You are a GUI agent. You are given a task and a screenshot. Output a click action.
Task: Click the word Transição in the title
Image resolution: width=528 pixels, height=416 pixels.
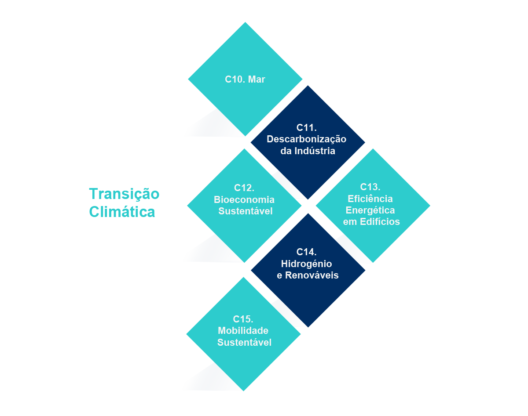pyautogui.click(x=124, y=194)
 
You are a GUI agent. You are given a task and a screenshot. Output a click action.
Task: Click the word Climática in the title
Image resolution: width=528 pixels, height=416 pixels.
pyautogui.click(x=122, y=212)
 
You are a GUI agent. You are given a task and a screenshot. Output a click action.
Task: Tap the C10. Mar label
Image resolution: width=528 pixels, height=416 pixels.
pyautogui.click(x=245, y=80)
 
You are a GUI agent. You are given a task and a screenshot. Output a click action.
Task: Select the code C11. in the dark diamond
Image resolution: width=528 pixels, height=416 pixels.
pyautogui.click(x=307, y=127)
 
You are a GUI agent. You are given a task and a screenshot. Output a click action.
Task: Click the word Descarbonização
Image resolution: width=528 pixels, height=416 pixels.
pyautogui.click(x=307, y=139)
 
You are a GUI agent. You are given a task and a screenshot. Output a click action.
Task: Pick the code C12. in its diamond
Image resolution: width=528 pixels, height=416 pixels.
pyautogui.click(x=244, y=188)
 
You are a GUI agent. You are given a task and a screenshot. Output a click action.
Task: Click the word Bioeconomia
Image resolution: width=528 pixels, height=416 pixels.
pyautogui.click(x=244, y=199)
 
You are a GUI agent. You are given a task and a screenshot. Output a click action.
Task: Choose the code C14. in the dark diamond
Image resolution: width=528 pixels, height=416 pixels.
pyautogui.click(x=307, y=252)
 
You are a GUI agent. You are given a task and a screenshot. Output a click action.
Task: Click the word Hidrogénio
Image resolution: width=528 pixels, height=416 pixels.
pyautogui.click(x=306, y=264)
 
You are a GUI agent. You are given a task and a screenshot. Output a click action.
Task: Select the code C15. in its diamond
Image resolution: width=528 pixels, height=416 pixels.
pyautogui.click(x=243, y=319)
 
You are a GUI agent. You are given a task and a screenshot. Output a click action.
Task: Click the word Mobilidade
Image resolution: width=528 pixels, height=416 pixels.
pyautogui.click(x=243, y=331)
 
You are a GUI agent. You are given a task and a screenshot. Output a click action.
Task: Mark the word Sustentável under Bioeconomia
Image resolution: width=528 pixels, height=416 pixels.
pyautogui.click(x=246, y=211)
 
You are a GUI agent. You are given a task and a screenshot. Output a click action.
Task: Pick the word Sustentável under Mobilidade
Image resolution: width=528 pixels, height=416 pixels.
pyautogui.click(x=244, y=342)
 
